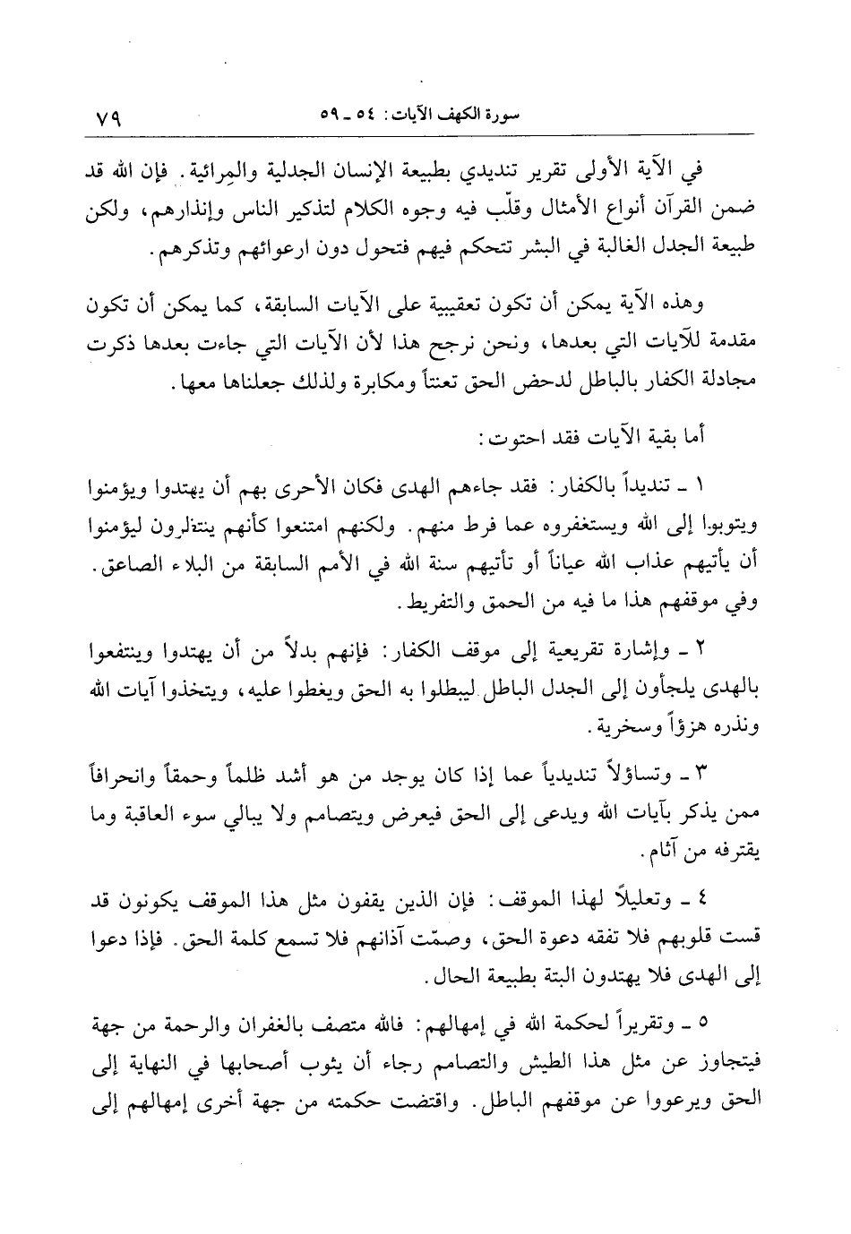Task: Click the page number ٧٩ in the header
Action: (x=108, y=116)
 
